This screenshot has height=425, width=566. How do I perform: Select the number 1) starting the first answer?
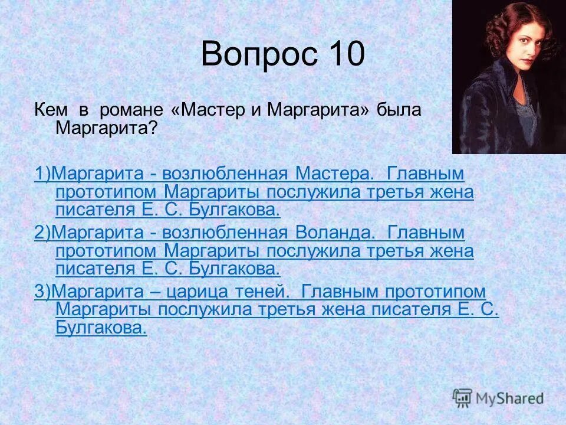(43, 174)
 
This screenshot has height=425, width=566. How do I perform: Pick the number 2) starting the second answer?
(43, 233)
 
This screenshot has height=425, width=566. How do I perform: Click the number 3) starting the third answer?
(43, 291)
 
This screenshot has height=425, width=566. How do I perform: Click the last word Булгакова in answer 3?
(101, 328)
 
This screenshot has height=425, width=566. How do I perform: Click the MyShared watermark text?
(511, 398)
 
